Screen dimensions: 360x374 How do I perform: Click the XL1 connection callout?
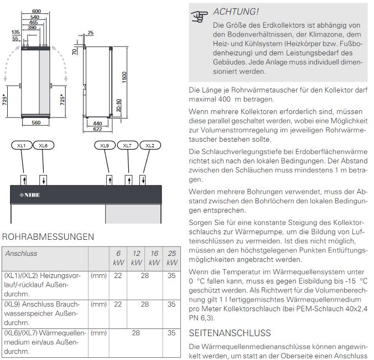coord(22,145)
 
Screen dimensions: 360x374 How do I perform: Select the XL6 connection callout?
coord(43,145)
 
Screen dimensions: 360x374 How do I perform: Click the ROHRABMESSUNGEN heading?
coord(49,237)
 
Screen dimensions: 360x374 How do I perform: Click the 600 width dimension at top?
coord(36,11)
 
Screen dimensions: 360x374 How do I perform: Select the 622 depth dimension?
coord(98,128)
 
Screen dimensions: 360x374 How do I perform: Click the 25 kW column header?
coord(172,258)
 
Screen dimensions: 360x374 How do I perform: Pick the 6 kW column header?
coord(118,258)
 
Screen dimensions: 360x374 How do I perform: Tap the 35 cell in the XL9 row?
coord(172,304)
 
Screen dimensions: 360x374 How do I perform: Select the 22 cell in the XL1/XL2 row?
coord(118,275)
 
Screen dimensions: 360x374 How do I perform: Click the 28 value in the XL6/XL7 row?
coord(136,333)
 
